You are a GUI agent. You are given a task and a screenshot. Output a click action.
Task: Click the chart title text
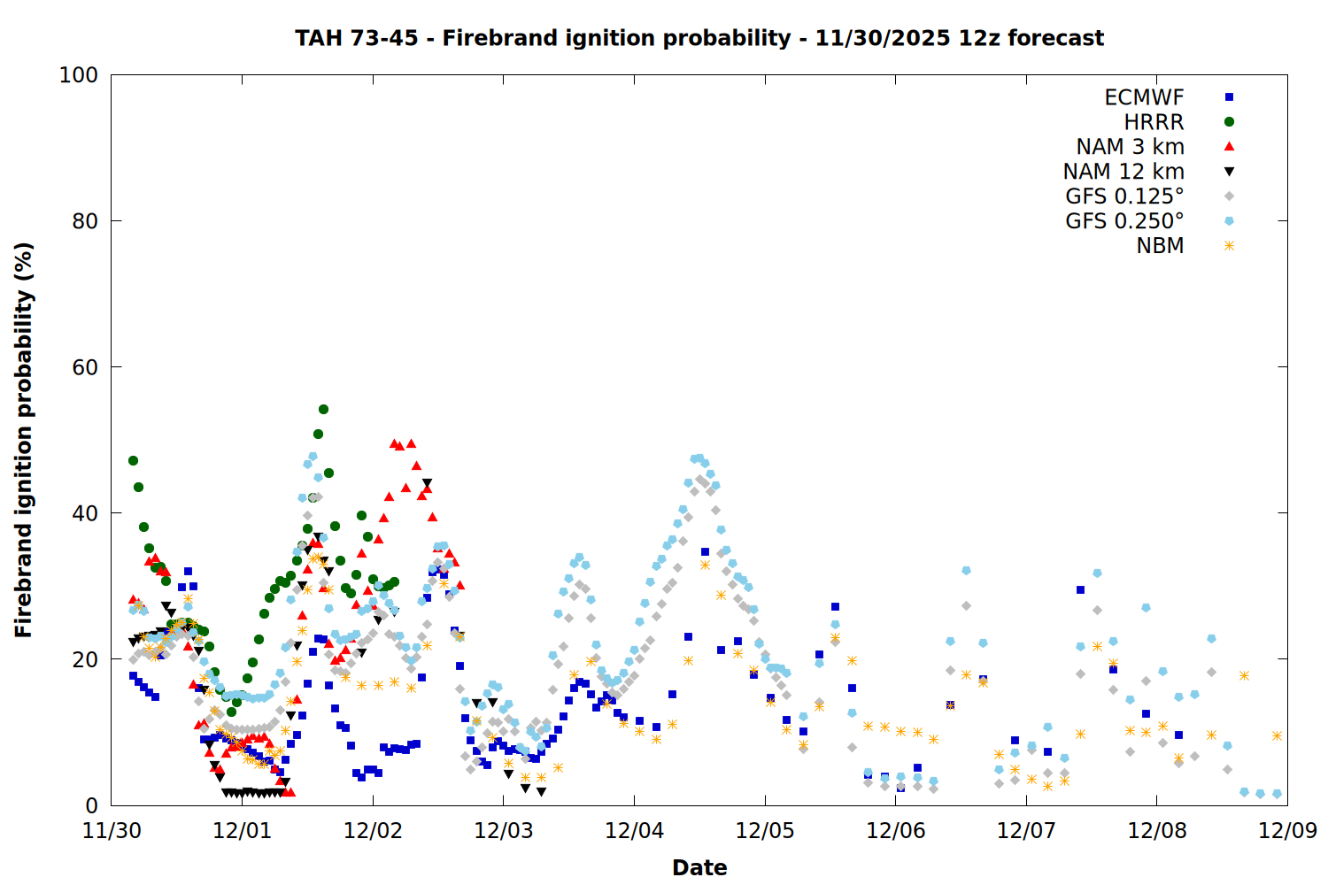click(x=699, y=38)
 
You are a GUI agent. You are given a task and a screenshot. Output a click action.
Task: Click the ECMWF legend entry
click(x=1144, y=97)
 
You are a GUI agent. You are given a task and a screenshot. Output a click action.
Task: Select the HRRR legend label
click(x=1154, y=122)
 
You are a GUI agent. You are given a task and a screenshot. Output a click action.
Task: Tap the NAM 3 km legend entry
click(x=1130, y=147)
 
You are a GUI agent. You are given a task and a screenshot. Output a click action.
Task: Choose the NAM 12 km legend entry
click(x=1123, y=172)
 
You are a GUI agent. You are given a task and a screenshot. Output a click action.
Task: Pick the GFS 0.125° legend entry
click(x=1124, y=196)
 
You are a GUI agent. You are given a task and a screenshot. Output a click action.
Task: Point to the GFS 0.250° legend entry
click(x=1124, y=221)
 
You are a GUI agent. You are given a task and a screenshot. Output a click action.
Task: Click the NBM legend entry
click(x=1160, y=246)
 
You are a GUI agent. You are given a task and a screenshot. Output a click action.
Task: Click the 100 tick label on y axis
click(x=79, y=75)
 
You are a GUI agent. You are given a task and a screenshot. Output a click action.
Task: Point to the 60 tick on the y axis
click(x=85, y=367)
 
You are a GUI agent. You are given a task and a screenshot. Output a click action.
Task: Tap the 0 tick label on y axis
click(x=91, y=805)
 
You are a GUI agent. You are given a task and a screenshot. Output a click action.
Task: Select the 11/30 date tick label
click(x=112, y=831)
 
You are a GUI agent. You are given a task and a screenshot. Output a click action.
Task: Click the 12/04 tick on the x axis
click(x=634, y=831)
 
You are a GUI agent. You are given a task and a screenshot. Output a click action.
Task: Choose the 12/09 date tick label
click(x=1287, y=831)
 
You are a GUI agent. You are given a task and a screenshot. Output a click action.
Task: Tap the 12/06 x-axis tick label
click(x=895, y=831)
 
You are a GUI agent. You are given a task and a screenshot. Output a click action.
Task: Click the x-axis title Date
click(x=699, y=867)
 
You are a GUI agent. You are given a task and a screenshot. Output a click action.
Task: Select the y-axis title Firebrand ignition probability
click(x=24, y=440)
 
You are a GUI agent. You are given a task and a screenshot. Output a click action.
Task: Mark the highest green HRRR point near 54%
click(x=323, y=409)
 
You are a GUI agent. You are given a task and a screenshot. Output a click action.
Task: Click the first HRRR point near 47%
click(x=133, y=460)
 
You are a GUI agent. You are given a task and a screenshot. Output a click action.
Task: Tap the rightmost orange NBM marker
click(x=1277, y=735)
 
